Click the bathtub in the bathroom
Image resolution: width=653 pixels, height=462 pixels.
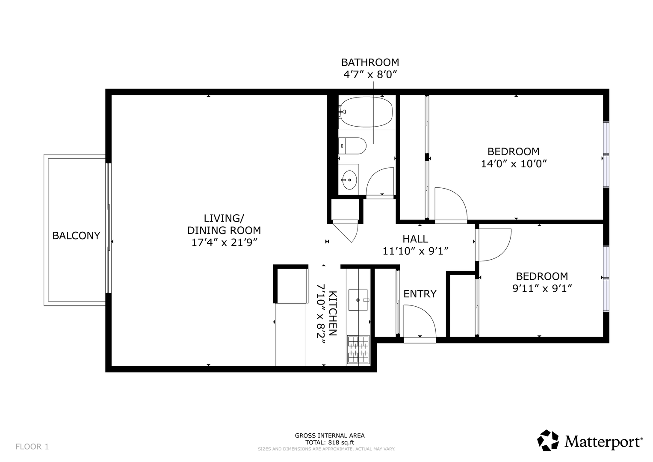point(366,112)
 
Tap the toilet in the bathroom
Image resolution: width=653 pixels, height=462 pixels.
point(352,146)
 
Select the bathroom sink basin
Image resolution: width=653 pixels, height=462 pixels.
point(349,180)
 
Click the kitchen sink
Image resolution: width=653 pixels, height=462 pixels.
point(358,300)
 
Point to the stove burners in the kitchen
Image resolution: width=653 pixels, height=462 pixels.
point(358,350)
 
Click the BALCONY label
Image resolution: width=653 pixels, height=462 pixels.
point(76,235)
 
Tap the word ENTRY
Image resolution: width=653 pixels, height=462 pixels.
point(420,294)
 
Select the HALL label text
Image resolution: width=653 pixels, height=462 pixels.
point(415,239)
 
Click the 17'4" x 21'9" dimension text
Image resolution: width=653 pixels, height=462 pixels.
point(224,243)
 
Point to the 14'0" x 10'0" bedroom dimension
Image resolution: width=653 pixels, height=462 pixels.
point(513,164)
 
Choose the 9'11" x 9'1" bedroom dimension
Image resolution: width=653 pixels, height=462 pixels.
point(542,288)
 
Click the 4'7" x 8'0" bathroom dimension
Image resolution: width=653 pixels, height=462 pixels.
point(370,75)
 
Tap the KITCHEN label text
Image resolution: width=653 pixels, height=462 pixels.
point(333,313)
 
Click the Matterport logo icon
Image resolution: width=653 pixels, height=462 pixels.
point(548,440)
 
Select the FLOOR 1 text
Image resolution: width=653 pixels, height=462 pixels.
point(32,447)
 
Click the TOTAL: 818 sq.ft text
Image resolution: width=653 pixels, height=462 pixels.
point(330,442)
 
